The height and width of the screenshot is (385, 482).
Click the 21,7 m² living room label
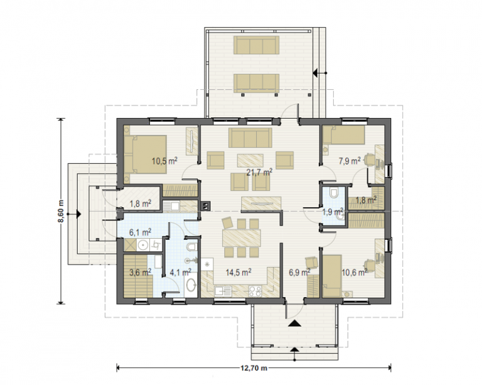point(259,172)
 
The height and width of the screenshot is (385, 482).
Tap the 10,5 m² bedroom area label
point(164,161)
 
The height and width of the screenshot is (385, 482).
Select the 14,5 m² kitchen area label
point(238,272)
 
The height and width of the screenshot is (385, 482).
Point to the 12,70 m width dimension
point(254,368)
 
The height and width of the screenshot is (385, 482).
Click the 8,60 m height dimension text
point(62,211)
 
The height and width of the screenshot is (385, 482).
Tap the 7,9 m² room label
point(350,161)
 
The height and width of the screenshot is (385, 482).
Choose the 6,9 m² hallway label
point(299,272)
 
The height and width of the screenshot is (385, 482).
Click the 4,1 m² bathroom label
point(181,272)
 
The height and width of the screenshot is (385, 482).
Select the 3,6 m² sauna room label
point(140,272)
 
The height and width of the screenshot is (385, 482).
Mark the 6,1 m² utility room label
point(140,232)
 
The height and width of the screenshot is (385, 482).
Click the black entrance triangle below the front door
point(294,323)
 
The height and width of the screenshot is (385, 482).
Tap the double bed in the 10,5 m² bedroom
point(146,155)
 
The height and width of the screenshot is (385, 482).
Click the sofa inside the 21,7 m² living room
point(250,138)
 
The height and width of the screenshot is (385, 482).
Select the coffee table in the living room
point(250,161)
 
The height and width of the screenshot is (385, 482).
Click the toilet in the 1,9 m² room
point(333,192)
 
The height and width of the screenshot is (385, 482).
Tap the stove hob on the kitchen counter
point(255,291)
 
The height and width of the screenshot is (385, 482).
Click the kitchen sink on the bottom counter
point(223,290)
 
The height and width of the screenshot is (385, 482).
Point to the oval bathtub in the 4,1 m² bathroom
point(191,285)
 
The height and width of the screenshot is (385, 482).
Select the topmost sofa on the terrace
point(257,45)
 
